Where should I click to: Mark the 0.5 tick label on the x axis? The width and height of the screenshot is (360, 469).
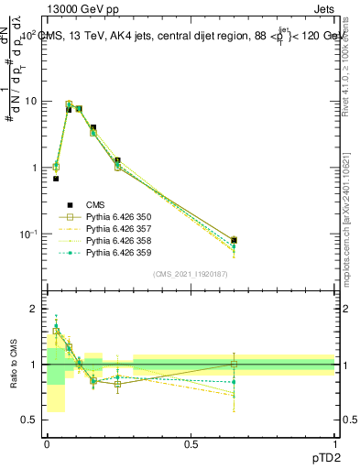pyautogui.click(x=191, y=443)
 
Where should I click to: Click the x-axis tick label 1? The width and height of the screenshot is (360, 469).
pyautogui.click(x=334, y=443)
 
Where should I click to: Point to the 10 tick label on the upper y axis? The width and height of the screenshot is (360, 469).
pyautogui.click(x=30, y=101)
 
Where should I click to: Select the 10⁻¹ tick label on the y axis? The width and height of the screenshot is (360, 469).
pyautogui.click(x=28, y=234)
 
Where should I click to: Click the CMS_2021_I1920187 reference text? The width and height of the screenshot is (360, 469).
pyautogui.click(x=190, y=273)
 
